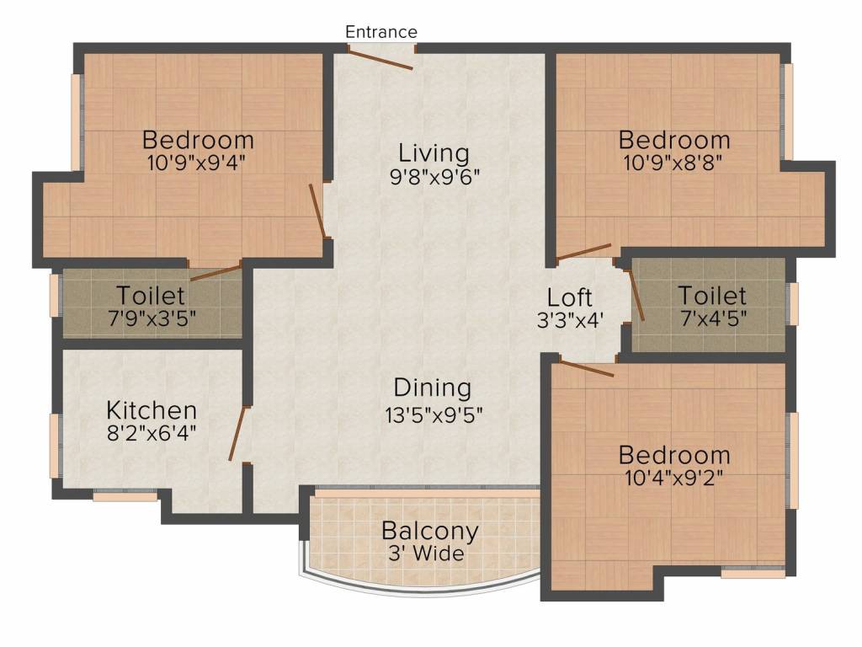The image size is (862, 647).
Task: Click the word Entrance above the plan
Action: click(x=381, y=32)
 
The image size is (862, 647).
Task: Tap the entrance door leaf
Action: click(x=380, y=60)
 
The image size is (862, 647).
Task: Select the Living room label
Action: click(x=434, y=153)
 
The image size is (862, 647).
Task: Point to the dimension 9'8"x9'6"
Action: click(x=435, y=177)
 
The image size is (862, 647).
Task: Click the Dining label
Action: click(x=433, y=388)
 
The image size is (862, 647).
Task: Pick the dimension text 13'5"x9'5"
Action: click(x=434, y=415)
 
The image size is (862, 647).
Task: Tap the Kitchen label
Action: click(x=152, y=410)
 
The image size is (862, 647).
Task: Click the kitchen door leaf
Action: click(x=238, y=434)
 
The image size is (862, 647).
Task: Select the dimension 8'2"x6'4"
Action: click(x=152, y=434)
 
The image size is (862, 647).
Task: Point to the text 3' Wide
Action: click(x=426, y=553)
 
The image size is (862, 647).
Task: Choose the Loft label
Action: click(x=570, y=297)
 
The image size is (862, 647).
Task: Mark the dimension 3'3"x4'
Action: click(x=570, y=321)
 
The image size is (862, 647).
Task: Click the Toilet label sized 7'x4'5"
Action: click(x=712, y=296)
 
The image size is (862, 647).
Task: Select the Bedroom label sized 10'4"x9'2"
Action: click(x=674, y=456)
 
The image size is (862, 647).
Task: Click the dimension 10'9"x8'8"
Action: click(x=673, y=163)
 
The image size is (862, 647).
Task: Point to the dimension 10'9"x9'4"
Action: click(x=196, y=163)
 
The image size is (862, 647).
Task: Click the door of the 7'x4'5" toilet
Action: click(x=636, y=294)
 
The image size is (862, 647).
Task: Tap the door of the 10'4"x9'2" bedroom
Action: click(x=587, y=368)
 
